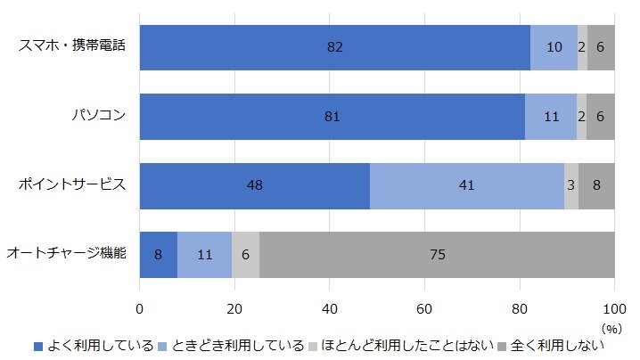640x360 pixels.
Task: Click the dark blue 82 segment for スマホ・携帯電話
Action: click(334, 47)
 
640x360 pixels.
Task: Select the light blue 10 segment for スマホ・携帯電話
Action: click(554, 47)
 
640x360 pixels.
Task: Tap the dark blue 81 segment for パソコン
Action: click(332, 117)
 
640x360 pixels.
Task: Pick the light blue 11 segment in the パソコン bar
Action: click(551, 117)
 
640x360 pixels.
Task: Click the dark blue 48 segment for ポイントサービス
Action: click(254, 185)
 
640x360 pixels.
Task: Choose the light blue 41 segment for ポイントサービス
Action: click(466, 185)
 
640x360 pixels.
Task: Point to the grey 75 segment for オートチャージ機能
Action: click(437, 255)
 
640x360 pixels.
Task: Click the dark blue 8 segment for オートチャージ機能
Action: click(158, 255)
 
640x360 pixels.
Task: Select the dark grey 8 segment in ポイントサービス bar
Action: click(596, 185)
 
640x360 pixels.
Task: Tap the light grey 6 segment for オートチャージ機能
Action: click(245, 255)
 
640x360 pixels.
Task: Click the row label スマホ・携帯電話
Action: click(72, 47)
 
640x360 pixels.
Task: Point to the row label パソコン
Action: click(99, 117)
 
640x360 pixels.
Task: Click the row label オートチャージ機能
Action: click(66, 255)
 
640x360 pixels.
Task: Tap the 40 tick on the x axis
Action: click(329, 308)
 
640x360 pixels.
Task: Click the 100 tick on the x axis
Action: click(614, 308)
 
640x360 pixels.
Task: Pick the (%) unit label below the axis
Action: click(612, 328)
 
